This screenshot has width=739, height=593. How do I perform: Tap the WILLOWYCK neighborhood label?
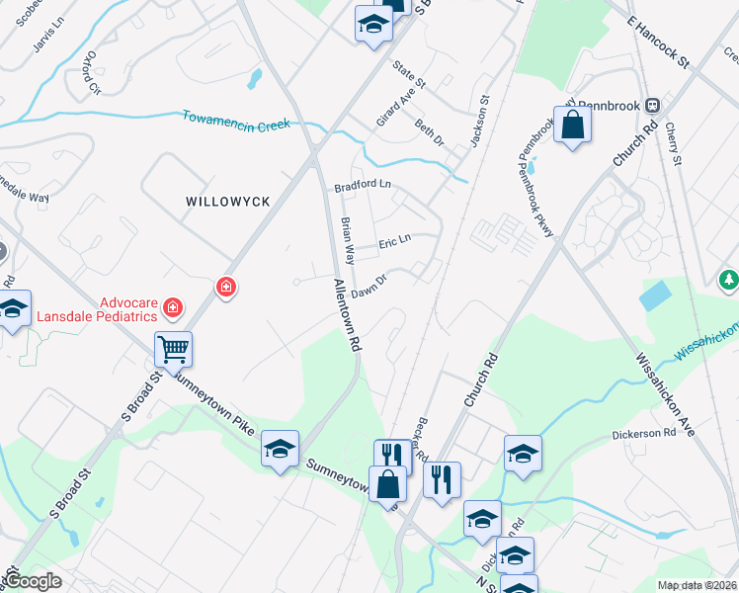(228, 201)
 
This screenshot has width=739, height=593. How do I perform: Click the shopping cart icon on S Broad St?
(173, 349)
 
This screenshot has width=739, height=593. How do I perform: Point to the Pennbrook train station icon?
(652, 105)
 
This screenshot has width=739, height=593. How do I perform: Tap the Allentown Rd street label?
(347, 315)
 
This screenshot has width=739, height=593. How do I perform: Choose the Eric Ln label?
(394, 243)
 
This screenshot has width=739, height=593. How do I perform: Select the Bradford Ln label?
(363, 185)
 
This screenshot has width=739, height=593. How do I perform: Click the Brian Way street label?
(347, 240)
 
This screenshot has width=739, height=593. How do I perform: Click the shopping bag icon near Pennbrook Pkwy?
(572, 126)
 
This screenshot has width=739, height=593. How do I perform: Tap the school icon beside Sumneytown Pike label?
(280, 450)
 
